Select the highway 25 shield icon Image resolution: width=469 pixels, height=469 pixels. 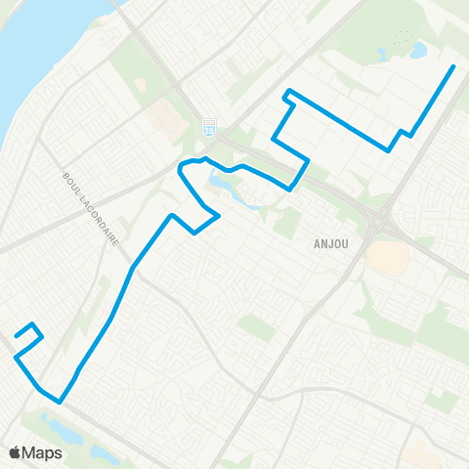point(207,127)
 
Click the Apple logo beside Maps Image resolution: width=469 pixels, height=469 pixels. point(16,452)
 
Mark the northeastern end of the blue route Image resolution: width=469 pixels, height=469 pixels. point(453,66)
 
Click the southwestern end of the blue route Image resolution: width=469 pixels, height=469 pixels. point(17,337)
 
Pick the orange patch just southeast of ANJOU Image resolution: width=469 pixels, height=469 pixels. point(388,257)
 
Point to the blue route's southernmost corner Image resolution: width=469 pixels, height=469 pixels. point(61,401)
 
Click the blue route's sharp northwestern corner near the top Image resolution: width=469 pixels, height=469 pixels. point(286,93)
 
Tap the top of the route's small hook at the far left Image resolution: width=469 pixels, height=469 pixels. point(33,323)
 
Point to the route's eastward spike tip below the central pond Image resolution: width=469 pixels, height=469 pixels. point(218,216)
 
